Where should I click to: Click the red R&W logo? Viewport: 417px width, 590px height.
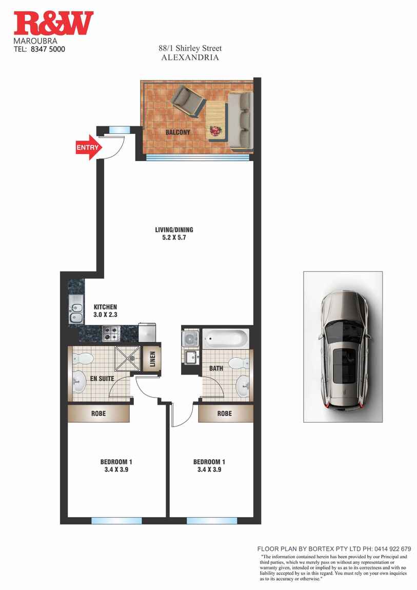pyautogui.click(x=53, y=23)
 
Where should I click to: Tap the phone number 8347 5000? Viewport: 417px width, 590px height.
pyautogui.click(x=48, y=49)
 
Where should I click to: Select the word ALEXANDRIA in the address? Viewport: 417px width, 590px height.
pyautogui.click(x=190, y=57)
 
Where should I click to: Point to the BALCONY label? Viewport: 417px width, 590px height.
pyautogui.click(x=178, y=132)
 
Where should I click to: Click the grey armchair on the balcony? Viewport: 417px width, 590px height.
pyautogui.click(x=188, y=101)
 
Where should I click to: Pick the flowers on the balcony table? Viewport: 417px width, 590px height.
pyautogui.click(x=215, y=131)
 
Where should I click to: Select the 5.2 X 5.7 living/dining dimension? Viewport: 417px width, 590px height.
pyautogui.click(x=171, y=238)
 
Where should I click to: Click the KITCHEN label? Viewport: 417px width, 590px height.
pyautogui.click(x=105, y=307)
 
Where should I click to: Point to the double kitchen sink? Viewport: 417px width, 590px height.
pyautogui.click(x=76, y=309)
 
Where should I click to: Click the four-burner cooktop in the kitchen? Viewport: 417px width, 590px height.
pyautogui.click(x=111, y=334)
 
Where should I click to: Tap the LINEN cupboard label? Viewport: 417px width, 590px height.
pyautogui.click(x=152, y=359)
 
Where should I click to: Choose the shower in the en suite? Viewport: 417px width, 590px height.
pyautogui.click(x=127, y=359)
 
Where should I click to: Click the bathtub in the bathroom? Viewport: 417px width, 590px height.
pyautogui.click(x=226, y=338)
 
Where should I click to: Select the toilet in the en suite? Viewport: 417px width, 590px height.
pyautogui.click(x=83, y=359)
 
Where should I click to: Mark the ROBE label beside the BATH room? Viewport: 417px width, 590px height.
pyautogui.click(x=225, y=414)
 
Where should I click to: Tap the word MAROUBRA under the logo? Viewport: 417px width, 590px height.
pyautogui.click(x=35, y=41)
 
